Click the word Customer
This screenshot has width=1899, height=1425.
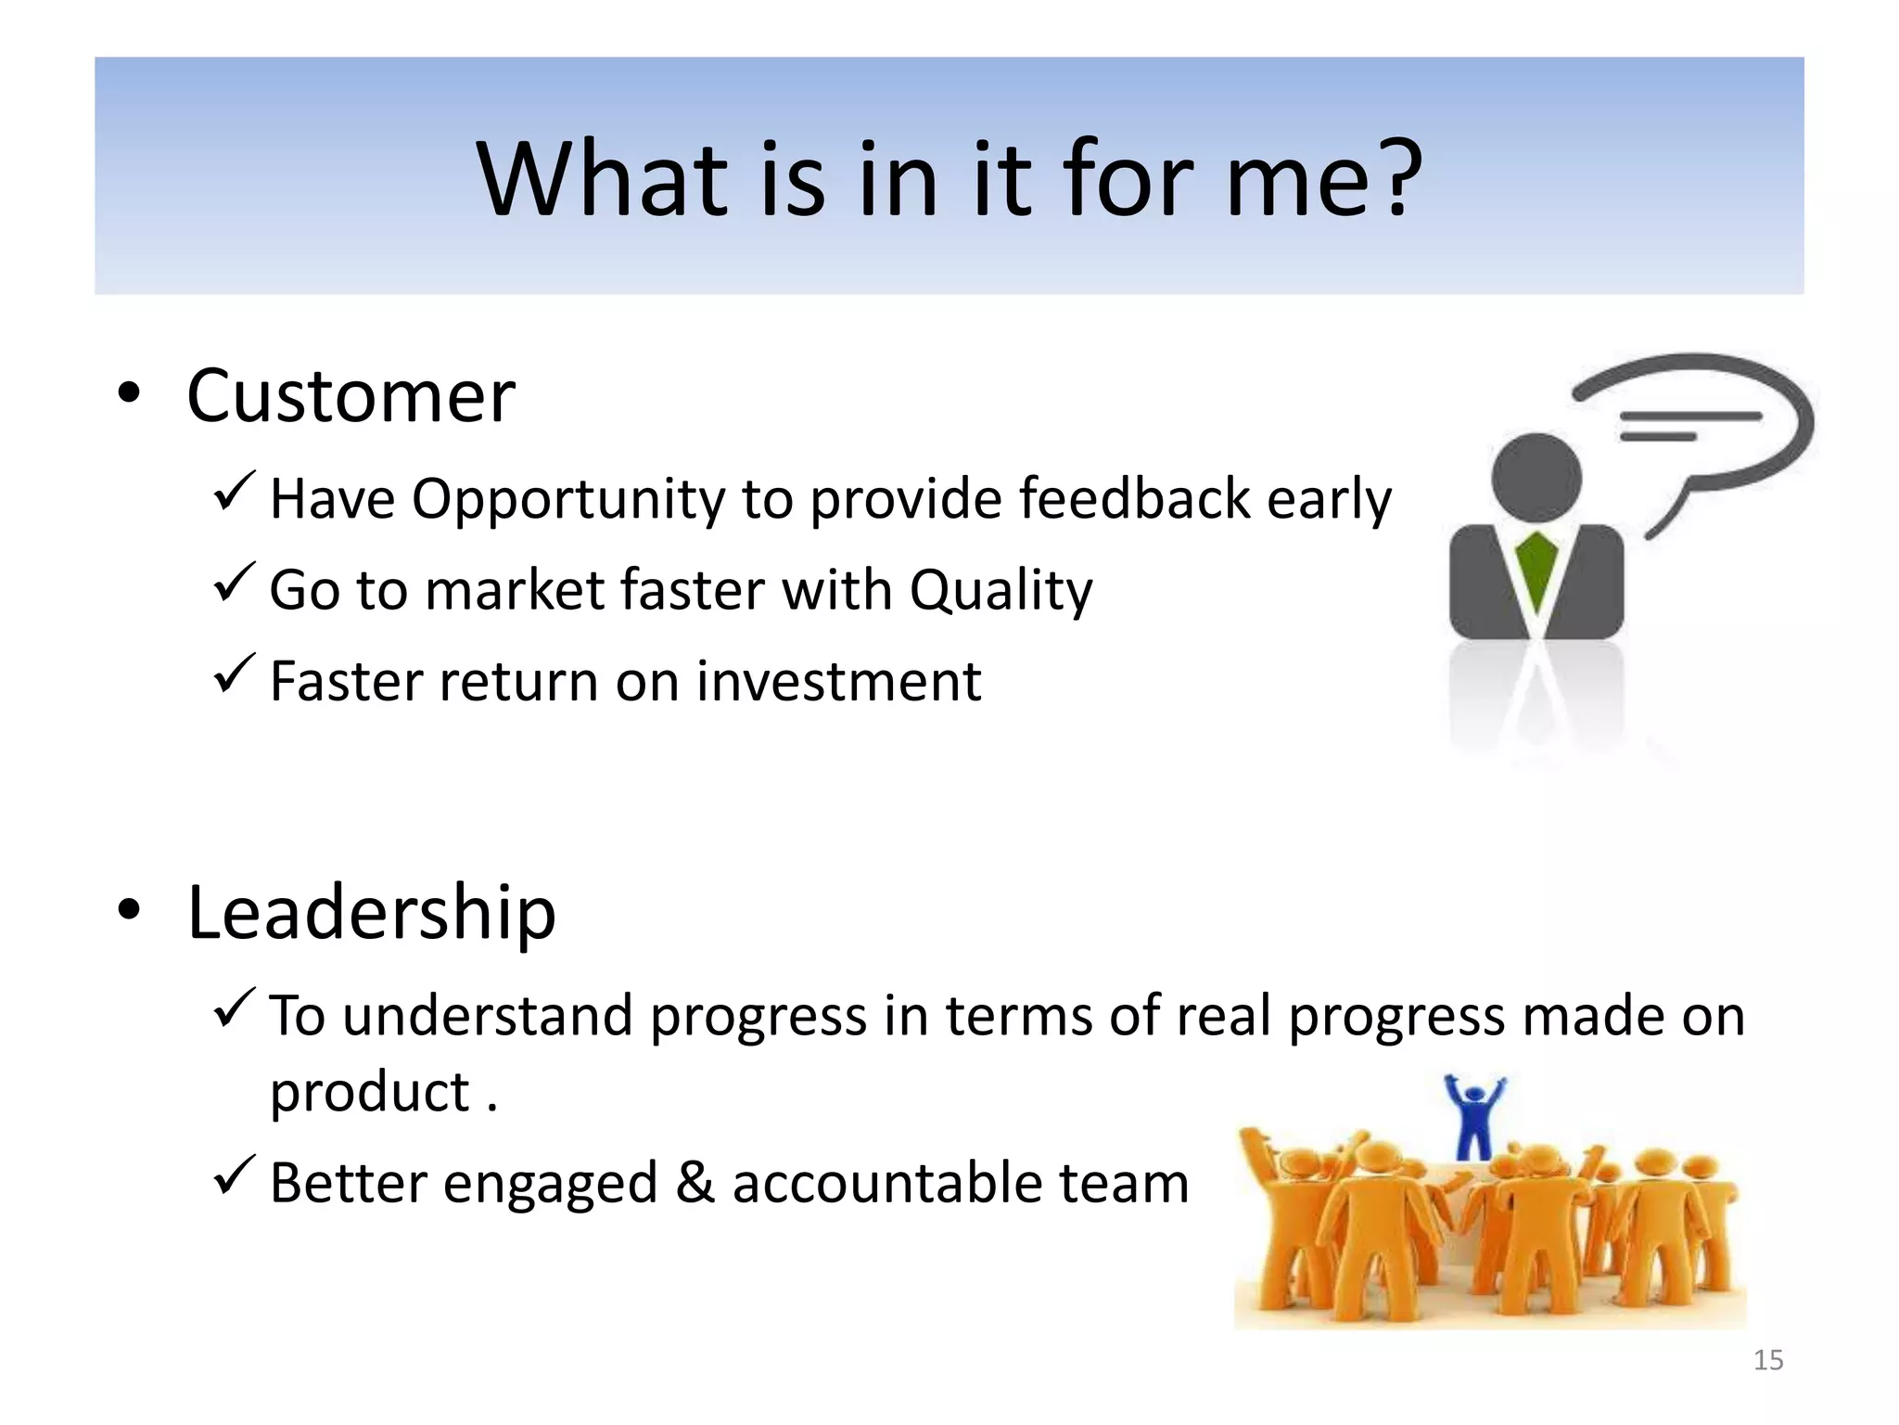[350, 396]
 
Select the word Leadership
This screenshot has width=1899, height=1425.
[371, 913]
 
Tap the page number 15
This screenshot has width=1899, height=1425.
[1768, 1360]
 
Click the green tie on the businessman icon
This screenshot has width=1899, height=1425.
[1536, 571]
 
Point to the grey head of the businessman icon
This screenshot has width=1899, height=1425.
[1536, 478]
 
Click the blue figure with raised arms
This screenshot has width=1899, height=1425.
[1475, 1117]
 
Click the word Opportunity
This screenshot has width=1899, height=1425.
[567, 499]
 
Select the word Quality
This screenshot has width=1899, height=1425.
[1000, 590]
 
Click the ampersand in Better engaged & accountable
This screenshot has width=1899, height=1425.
[695, 1183]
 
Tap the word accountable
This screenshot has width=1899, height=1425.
[887, 1183]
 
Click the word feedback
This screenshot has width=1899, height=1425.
[1135, 499]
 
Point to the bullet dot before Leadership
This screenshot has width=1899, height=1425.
[129, 911]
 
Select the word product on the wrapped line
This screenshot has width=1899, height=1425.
[369, 1093]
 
